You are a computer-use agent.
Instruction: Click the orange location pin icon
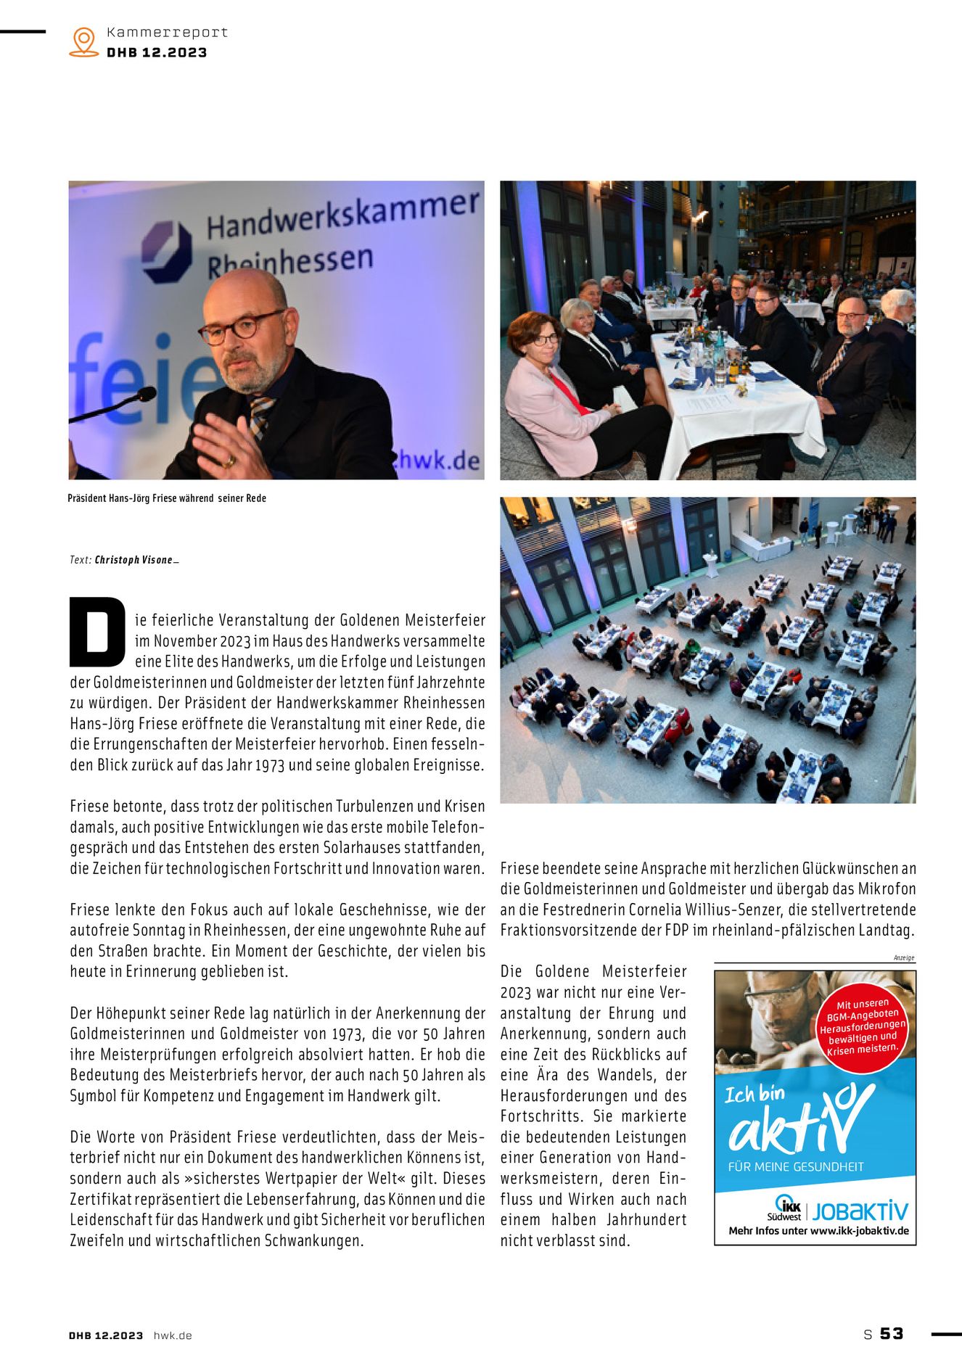coord(84,41)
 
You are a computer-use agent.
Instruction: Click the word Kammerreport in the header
coord(167,32)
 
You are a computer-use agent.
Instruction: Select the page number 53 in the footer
coord(892,1333)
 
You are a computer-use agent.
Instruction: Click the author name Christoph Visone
coord(134,560)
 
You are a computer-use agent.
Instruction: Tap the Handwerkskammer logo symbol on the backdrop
coord(167,250)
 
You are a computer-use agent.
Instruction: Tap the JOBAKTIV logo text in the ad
coord(860,1211)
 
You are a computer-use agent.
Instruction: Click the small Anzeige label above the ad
coord(904,958)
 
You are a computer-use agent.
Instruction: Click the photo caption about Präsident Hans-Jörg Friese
coord(167,498)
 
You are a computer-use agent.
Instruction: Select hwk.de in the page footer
coord(173,1335)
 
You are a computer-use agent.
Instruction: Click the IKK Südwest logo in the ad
coord(785,1207)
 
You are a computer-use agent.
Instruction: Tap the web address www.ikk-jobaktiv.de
coord(859,1231)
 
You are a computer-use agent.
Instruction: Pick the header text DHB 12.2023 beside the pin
coord(157,52)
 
